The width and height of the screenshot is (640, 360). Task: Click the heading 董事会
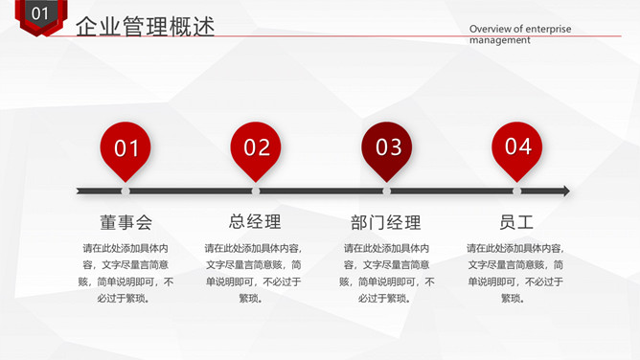click(126, 222)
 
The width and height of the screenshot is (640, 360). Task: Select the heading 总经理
click(255, 221)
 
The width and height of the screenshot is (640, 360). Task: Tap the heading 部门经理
click(386, 222)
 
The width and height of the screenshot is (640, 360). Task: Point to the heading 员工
click(516, 222)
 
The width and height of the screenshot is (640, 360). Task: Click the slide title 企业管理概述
click(145, 27)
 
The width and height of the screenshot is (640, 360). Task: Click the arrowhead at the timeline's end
click(566, 191)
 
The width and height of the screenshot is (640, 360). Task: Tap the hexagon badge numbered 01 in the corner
click(40, 16)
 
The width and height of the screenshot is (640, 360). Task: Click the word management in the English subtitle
click(500, 40)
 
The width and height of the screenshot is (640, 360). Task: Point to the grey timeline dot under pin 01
click(126, 191)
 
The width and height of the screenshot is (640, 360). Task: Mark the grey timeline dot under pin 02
click(256, 191)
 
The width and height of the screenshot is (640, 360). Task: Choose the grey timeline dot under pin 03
click(386, 191)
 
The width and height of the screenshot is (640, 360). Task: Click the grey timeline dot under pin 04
click(516, 191)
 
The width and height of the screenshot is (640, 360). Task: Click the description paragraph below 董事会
click(126, 273)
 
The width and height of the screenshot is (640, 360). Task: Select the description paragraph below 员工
click(515, 273)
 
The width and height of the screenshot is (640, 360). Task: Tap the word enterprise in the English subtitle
click(548, 30)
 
